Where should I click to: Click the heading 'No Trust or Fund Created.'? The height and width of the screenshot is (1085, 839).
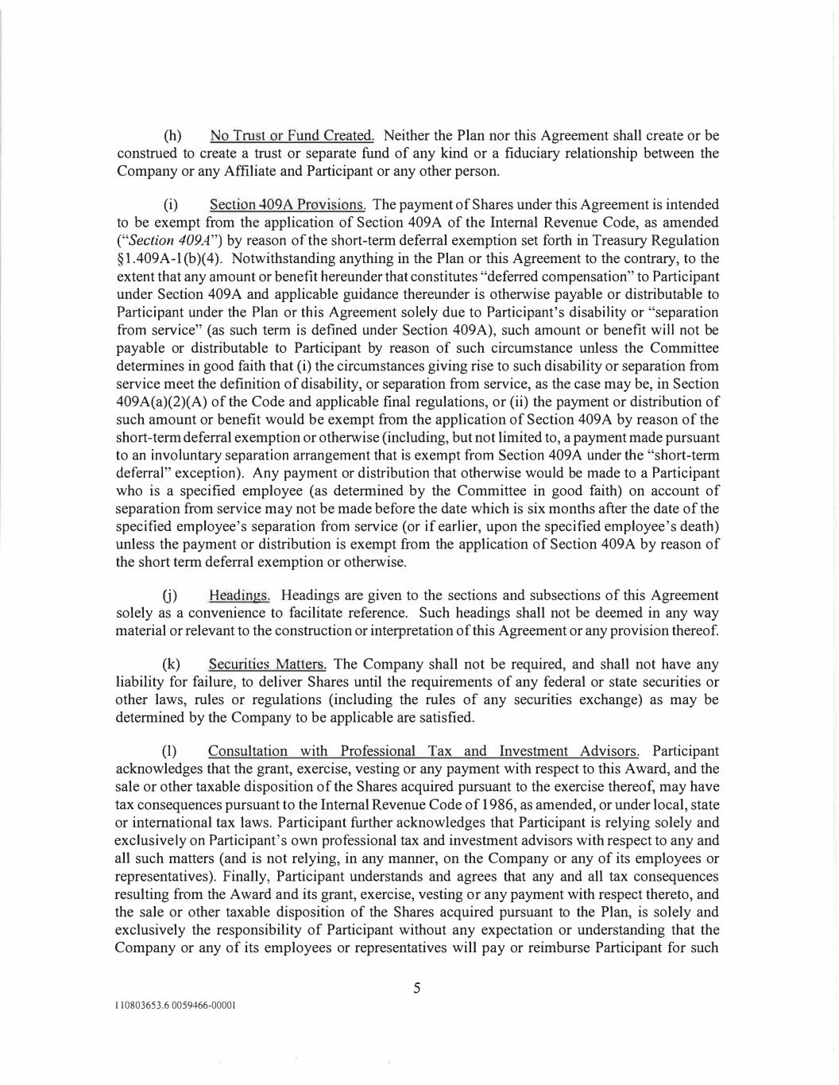pyautogui.click(x=292, y=136)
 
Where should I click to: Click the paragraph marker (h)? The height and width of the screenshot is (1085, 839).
pyautogui.click(x=171, y=136)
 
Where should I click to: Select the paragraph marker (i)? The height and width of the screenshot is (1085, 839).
pyautogui.click(x=170, y=205)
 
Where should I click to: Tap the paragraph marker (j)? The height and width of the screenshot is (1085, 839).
pyautogui.click(x=170, y=595)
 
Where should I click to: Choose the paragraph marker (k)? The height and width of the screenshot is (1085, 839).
pyautogui.click(x=171, y=665)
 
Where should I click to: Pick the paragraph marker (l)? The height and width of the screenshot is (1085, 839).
pyautogui.click(x=170, y=751)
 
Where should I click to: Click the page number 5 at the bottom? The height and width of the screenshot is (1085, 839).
pyautogui.click(x=416, y=989)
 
